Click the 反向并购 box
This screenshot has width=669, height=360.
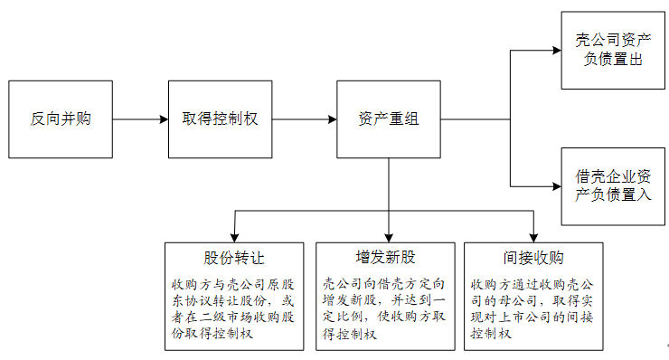(61, 119)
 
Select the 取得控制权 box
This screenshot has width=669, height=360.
(220, 119)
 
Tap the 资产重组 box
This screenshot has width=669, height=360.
(389, 119)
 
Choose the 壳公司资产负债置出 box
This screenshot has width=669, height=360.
(613, 51)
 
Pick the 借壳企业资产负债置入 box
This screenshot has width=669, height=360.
(613, 186)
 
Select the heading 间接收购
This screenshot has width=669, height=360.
(533, 257)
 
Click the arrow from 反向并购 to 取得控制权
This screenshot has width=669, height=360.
(141, 119)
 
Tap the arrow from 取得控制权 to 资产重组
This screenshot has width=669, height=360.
(305, 119)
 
